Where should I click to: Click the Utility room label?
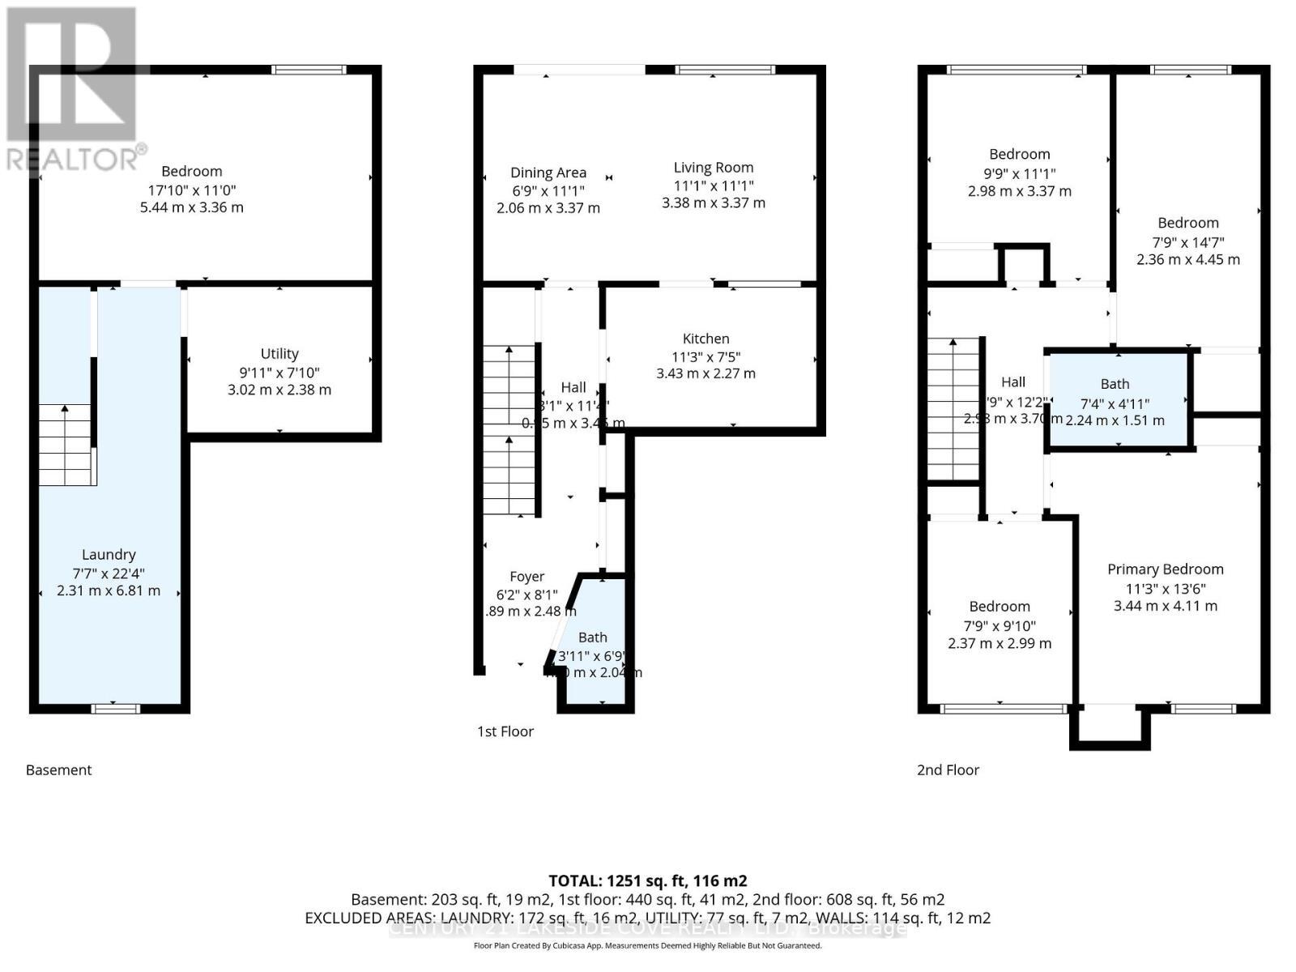(x=279, y=354)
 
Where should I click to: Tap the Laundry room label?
(x=109, y=555)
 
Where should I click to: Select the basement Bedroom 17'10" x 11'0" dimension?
(x=191, y=190)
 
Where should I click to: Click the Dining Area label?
(x=548, y=173)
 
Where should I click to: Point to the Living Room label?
(x=714, y=168)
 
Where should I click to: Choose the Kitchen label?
(x=706, y=339)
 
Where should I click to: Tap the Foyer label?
(x=526, y=577)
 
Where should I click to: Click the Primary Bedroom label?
(x=1165, y=569)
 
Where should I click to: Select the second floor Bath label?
(x=1115, y=384)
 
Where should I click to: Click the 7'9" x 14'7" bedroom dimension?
(x=1187, y=242)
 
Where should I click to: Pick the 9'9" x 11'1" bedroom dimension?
(x=1019, y=173)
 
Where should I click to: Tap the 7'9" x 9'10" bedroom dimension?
(x=1000, y=625)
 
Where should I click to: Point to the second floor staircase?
(x=953, y=410)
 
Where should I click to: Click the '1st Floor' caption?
(x=505, y=731)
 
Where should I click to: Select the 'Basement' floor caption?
(x=59, y=770)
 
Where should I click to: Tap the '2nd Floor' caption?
(x=948, y=770)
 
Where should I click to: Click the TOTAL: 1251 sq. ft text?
(x=647, y=880)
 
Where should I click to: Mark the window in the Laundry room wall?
(x=116, y=709)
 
